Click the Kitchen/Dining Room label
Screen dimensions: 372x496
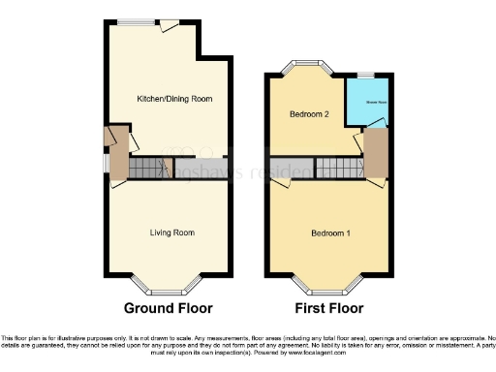(x=174, y=99)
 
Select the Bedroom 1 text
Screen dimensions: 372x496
(x=331, y=234)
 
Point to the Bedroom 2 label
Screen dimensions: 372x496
(x=310, y=114)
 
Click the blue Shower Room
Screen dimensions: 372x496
(x=375, y=102)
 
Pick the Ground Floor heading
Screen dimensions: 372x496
(x=168, y=309)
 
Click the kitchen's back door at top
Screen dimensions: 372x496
(x=170, y=24)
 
